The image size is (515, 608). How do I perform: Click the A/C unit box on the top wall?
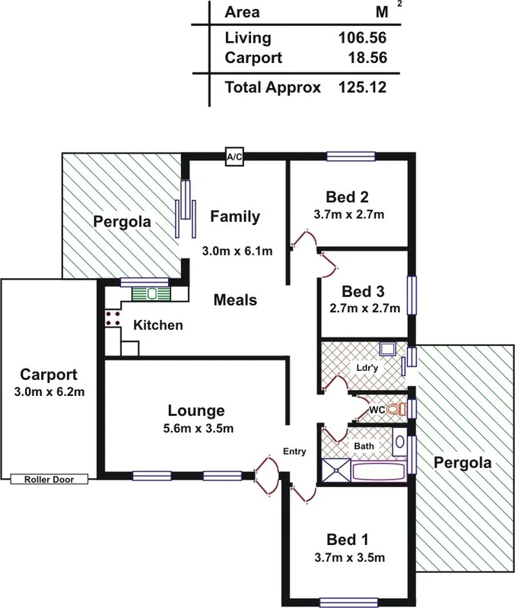(x=234, y=157)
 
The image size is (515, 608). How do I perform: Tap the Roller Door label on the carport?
(x=49, y=480)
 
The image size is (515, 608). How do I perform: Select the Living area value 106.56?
(x=362, y=38)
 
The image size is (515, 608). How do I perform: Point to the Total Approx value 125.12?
(x=362, y=87)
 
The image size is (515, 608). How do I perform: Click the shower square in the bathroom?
(x=335, y=471)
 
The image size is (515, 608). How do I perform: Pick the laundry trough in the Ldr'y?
(x=387, y=350)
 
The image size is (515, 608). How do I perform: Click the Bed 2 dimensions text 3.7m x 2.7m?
(x=349, y=214)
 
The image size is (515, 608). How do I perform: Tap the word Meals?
(x=234, y=300)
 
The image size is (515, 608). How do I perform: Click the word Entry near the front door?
(x=294, y=451)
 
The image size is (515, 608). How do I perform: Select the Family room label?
(x=235, y=217)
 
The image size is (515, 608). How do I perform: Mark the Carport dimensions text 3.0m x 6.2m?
(x=49, y=393)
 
